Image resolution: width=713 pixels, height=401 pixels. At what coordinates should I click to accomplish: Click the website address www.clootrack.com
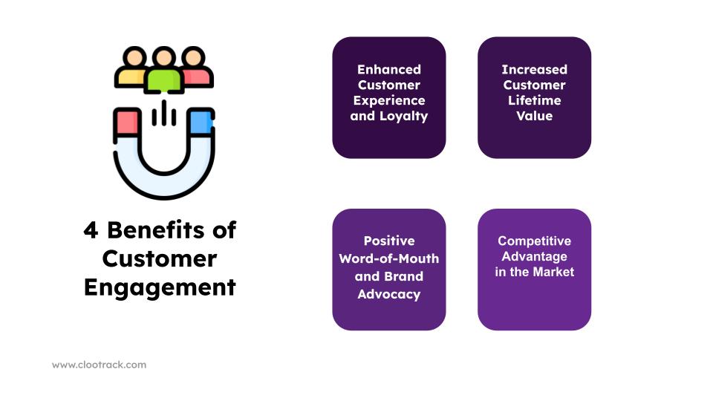pos(99,365)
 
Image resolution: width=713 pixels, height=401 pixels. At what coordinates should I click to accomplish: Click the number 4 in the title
pos(91,230)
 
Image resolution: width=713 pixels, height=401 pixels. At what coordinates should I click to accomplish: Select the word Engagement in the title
pos(160,287)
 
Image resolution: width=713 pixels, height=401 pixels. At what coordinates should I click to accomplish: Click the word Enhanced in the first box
pos(389,70)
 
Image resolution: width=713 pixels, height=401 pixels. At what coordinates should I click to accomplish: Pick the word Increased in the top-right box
pos(534,70)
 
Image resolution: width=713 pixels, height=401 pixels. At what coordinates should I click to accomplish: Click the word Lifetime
pos(534,100)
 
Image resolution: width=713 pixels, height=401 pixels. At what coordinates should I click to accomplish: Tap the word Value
pos(534,116)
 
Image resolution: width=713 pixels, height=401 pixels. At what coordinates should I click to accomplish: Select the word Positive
pos(389,241)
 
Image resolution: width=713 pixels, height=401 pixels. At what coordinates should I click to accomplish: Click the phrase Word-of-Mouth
pos(389,258)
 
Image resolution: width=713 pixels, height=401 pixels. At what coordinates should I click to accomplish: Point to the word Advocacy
pos(389,294)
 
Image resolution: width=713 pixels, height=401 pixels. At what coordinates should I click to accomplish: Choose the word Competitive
pos(534,241)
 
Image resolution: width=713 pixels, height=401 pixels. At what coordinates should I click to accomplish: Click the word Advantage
pos(534,256)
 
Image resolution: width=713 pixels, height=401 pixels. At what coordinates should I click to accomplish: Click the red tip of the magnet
pos(127,122)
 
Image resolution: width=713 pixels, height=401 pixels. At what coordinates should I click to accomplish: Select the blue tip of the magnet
pos(201,122)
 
